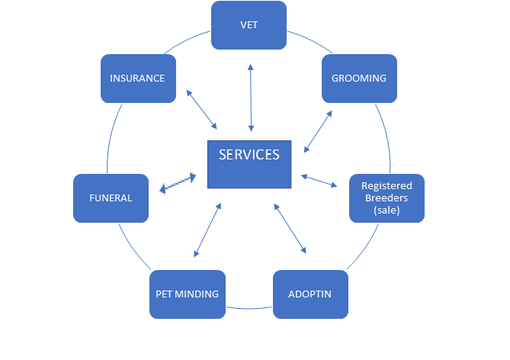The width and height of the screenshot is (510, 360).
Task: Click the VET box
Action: coord(249,25)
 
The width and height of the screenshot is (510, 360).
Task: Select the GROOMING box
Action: coord(359,78)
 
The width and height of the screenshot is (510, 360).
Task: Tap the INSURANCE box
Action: coord(138,78)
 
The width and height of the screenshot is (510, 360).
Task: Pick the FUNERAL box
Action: coord(111,198)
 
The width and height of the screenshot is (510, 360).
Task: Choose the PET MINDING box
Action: coord(188,294)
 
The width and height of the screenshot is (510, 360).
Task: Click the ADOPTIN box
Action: coord(310,294)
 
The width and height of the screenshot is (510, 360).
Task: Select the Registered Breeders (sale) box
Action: coord(387,198)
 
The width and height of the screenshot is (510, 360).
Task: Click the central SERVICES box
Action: coord(249,164)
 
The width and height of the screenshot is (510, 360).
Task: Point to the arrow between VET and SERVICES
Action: coord(250,98)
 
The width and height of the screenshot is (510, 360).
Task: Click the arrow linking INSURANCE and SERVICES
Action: coord(202,110)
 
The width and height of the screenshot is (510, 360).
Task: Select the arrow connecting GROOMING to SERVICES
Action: coord(318,131)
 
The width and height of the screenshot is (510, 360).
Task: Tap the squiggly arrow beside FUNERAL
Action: coord(178,183)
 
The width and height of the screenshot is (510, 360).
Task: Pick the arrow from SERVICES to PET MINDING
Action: coord(207,230)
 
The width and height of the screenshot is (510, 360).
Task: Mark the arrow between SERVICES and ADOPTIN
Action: coord(290,228)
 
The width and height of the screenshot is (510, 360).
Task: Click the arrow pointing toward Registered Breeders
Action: coord(319,181)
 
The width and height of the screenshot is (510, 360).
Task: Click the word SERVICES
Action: coord(249,155)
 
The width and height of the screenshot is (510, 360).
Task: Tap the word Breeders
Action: coord(387,198)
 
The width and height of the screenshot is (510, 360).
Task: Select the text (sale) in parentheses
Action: coord(387,211)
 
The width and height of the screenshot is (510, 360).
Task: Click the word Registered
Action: coord(387,186)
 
